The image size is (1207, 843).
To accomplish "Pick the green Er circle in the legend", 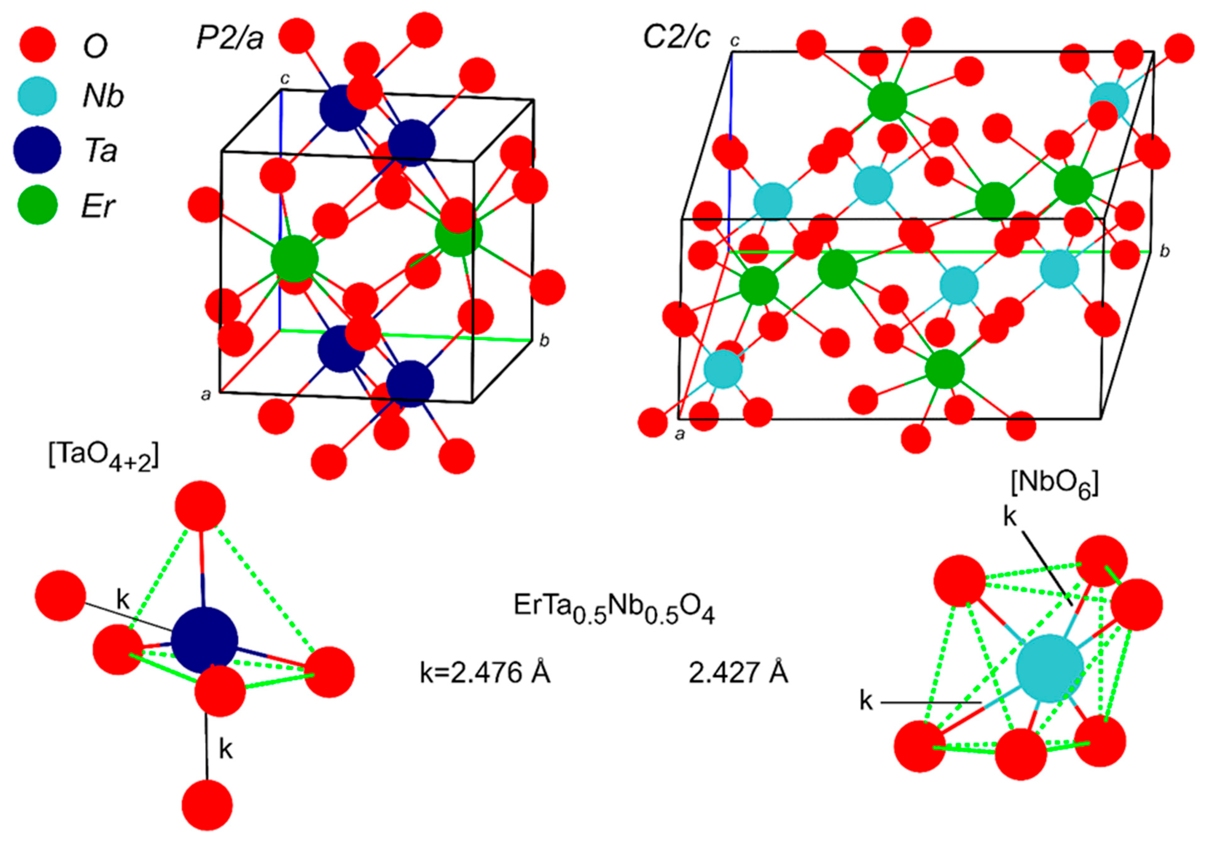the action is [37, 205].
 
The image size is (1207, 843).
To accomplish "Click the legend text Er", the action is [98, 206].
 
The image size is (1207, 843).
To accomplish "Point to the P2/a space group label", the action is [230, 38].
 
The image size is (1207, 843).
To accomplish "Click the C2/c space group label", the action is [677, 38].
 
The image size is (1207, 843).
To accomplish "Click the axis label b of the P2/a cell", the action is [545, 341].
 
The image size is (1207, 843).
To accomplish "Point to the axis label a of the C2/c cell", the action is [680, 435].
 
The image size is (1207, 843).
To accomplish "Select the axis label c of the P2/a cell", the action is [284, 79].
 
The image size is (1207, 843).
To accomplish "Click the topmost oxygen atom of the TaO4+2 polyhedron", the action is [200, 505].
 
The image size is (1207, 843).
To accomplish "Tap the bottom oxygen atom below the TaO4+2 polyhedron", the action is [207, 805].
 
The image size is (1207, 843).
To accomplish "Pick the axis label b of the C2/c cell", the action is [1165, 252].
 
